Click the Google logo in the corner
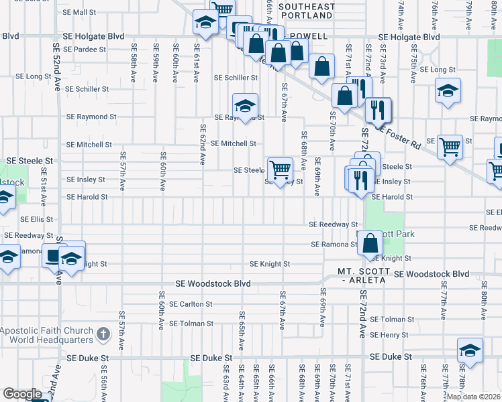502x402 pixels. coord(22,394)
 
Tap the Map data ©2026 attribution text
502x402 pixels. coord(473,397)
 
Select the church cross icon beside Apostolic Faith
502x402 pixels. coord(103,332)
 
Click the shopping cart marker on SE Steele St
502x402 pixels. coord(279,170)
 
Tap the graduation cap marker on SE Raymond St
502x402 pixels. coord(246,106)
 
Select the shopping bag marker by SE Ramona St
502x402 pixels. coord(370,243)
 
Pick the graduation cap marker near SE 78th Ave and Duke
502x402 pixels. coord(470,350)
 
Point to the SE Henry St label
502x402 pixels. coord(389,335)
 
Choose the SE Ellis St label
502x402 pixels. coord(36,219)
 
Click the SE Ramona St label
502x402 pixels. coord(334,245)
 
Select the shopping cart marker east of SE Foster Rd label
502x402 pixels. coord(450,145)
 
